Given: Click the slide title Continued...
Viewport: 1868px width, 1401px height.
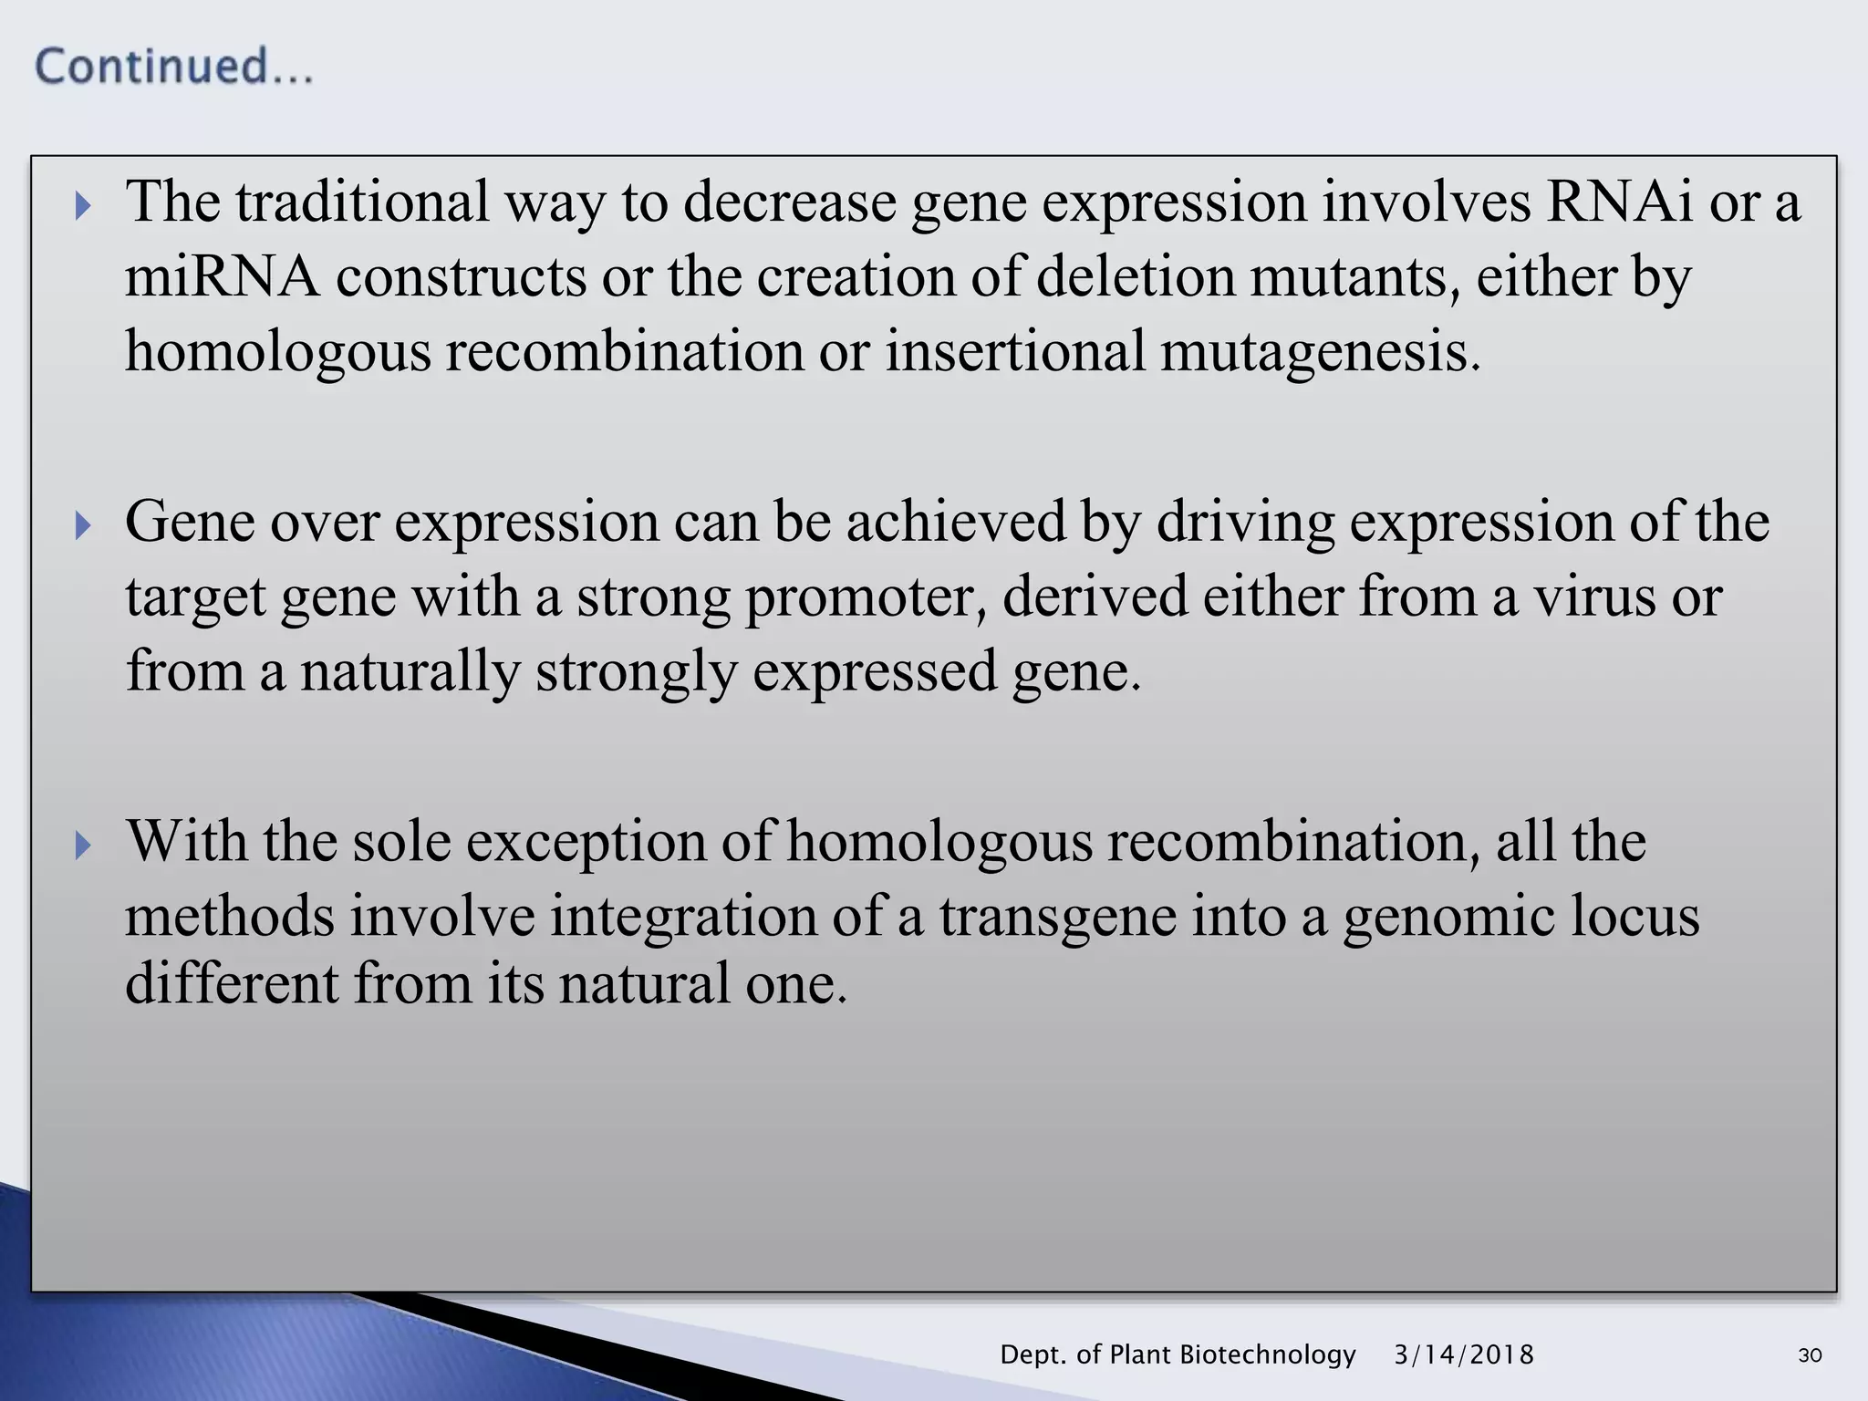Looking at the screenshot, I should (173, 67).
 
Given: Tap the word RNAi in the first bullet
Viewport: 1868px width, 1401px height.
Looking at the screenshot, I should (1619, 202).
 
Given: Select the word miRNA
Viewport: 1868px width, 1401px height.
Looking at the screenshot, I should (222, 276).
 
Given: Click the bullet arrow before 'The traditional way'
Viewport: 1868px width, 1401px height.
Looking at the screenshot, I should (83, 205).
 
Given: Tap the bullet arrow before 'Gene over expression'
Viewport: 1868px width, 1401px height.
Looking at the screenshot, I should (83, 525).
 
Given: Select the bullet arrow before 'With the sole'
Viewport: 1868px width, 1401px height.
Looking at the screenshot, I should (83, 845).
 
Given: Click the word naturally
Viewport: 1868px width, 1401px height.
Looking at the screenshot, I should (410, 672).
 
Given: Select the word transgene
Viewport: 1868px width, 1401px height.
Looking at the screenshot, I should (1057, 917).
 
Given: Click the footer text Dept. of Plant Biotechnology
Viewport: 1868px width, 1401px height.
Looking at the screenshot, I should (1178, 1354).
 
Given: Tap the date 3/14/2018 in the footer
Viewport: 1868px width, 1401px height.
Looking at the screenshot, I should (1464, 1354).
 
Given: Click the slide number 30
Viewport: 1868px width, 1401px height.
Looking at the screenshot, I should (1810, 1355).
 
